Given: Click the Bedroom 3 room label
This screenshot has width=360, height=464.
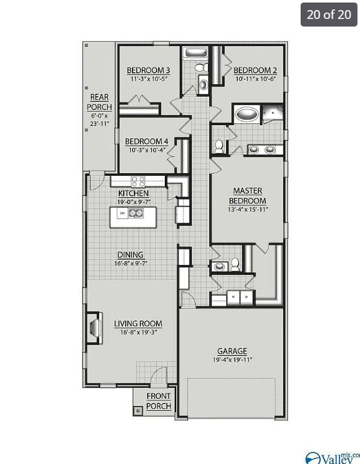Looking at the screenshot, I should [x=148, y=70].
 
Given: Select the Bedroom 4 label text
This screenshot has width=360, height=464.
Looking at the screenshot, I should [x=147, y=141].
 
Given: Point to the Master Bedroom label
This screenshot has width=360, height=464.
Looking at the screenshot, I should [x=248, y=195].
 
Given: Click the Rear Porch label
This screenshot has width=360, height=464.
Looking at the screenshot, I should [x=100, y=102].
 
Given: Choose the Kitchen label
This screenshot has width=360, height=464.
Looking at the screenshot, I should [x=133, y=193].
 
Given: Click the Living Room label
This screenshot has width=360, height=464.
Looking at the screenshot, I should [x=138, y=324].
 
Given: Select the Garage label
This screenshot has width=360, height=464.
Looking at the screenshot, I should [x=232, y=351].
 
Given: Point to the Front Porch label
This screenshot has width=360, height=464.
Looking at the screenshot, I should [x=159, y=401].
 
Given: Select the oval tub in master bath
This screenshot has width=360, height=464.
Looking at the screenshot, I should [x=246, y=116].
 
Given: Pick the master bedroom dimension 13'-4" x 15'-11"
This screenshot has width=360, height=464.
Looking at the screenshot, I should [x=248, y=210].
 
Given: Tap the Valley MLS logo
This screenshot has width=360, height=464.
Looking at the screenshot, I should [x=331, y=456].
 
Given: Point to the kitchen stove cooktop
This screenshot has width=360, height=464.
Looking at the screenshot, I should [x=138, y=180].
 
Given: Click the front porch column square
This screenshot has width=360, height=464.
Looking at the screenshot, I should [x=138, y=410].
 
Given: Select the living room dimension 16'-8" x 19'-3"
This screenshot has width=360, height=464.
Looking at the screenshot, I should [x=138, y=333].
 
